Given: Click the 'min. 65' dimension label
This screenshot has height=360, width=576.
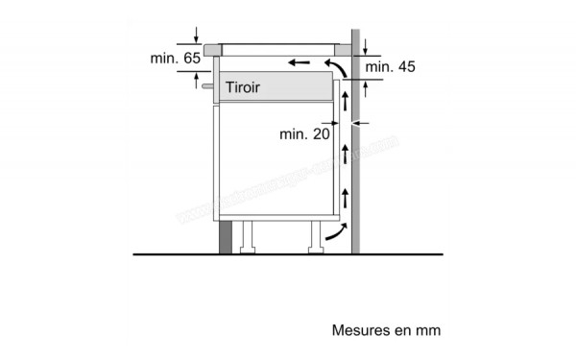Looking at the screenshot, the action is click(175, 59).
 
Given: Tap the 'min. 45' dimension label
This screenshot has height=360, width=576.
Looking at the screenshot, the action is click(390, 66).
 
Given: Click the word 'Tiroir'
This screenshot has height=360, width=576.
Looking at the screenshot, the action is click(243, 87).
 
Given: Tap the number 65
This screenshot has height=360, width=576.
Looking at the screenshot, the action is click(191, 59).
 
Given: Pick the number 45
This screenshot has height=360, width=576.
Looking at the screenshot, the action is click(406, 66).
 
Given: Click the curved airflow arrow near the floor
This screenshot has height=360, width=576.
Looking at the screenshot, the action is click(334, 231).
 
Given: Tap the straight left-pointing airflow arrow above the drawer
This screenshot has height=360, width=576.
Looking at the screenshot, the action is click(298, 63).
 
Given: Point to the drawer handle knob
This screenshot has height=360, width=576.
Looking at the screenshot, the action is click(206, 86).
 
